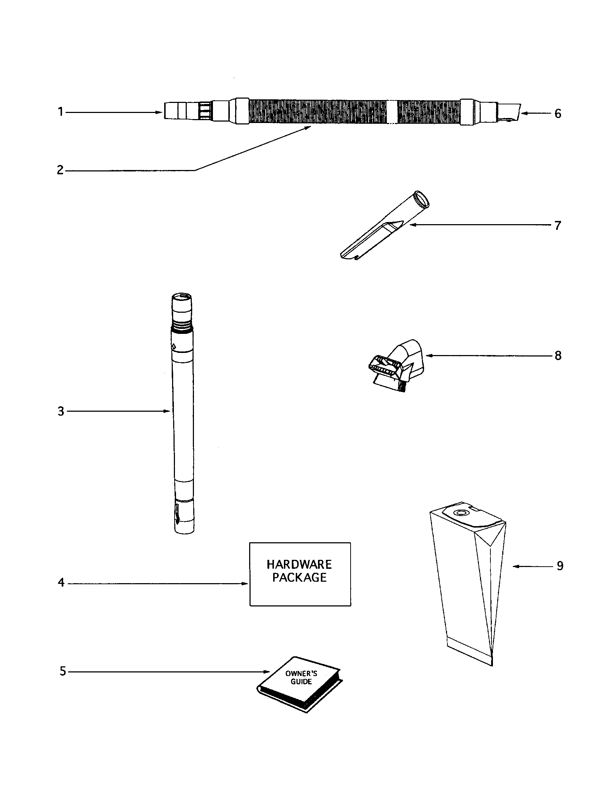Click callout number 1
(x=61, y=112)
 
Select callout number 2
(x=60, y=170)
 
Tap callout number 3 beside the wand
(x=61, y=411)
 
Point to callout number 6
(x=558, y=114)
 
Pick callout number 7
(x=558, y=226)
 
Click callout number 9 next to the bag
(x=560, y=566)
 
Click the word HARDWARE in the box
(x=299, y=564)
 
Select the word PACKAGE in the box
(x=299, y=578)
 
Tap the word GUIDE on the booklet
(x=301, y=682)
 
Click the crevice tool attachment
(x=383, y=228)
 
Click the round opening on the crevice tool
(x=421, y=199)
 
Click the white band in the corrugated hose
(x=392, y=112)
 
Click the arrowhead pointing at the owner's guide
(x=267, y=672)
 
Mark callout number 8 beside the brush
(x=558, y=356)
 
